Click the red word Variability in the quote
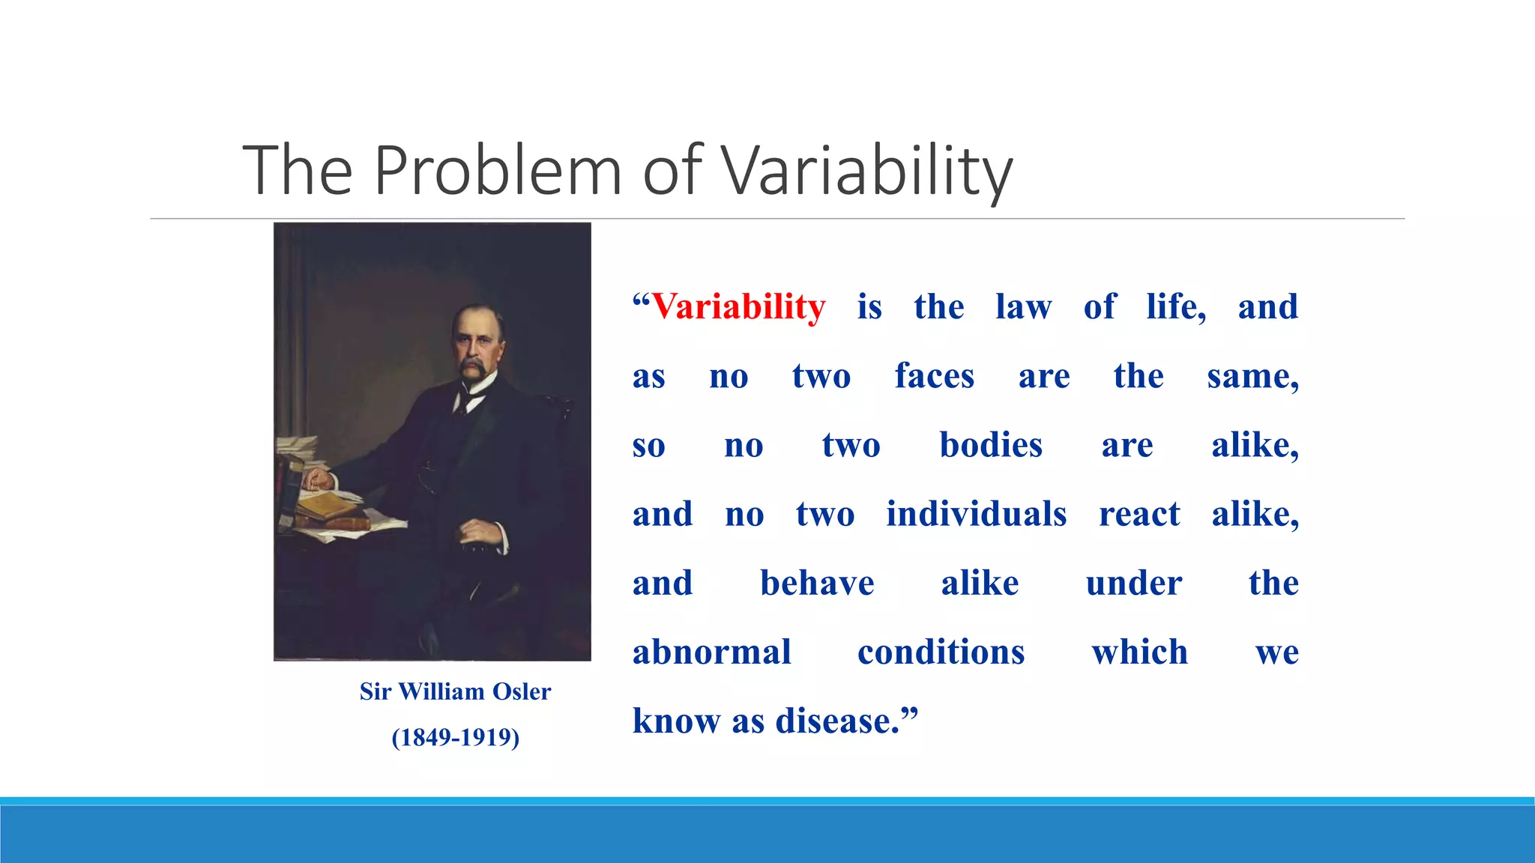[738, 307]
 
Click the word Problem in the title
[498, 171]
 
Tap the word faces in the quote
[934, 376]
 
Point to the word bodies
[991, 445]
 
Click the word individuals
[976, 514]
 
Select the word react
[1139, 514]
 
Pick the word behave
[817, 584]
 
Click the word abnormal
[712, 652]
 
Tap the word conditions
[941, 652]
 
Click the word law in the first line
[1023, 307]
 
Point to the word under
[1134, 584]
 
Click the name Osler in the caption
[522, 691]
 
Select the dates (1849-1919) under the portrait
[455, 738]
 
